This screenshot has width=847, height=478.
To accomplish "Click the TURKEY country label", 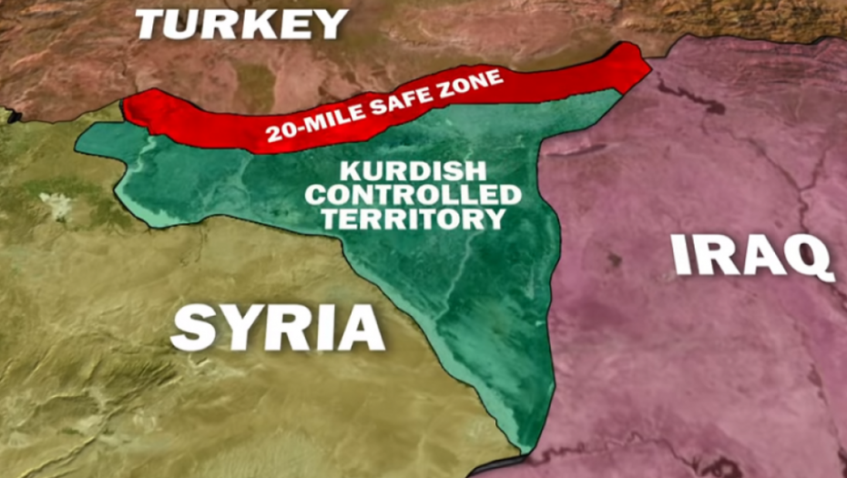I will pos(241,23).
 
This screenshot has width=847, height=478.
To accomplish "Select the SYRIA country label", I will pos(277,328).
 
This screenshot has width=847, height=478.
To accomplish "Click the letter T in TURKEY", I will pos(151,24).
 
